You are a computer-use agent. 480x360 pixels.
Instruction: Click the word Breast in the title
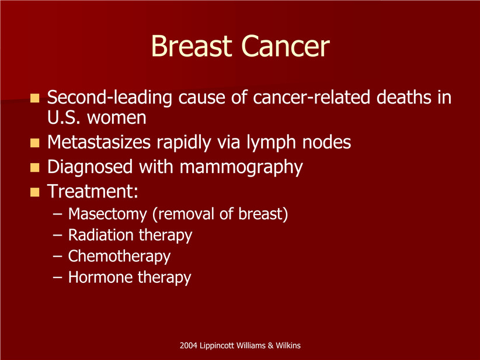coord(192,46)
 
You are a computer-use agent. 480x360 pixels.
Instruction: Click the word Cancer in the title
coord(286,46)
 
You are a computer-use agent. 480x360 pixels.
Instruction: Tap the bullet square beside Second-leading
coord(34,98)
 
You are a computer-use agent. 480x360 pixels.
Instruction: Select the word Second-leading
coord(110,98)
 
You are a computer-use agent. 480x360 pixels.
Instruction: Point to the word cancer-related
coord(311,97)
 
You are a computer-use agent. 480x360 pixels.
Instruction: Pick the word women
coord(117,118)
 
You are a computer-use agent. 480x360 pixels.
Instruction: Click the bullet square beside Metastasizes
coord(34,143)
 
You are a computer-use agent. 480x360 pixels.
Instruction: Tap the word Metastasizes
coord(99,142)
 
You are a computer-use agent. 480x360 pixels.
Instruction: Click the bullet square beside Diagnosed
coord(34,167)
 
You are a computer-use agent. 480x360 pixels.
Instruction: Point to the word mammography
coord(241,168)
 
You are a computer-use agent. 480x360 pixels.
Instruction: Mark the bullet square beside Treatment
coord(34,192)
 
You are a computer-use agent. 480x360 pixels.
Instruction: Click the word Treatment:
coord(93,191)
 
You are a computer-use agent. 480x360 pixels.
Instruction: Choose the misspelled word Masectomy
coord(107,214)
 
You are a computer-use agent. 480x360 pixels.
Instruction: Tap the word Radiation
coord(100,235)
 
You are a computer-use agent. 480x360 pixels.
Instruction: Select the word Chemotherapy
coord(119,257)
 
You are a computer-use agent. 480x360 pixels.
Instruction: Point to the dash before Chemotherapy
coord(58,257)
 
